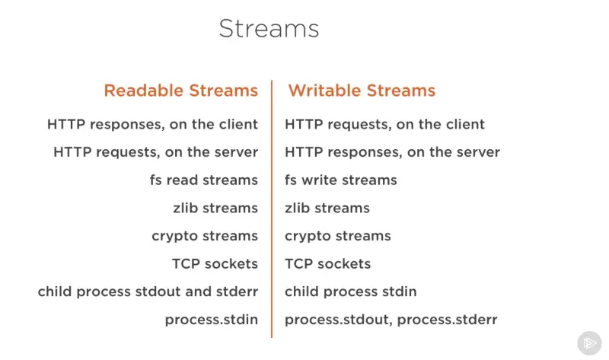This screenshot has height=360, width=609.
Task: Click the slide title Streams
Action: point(269,29)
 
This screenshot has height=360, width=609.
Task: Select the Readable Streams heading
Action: point(181,91)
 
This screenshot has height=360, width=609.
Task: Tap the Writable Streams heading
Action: point(362,91)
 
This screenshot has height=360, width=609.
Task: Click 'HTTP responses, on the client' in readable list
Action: point(152,124)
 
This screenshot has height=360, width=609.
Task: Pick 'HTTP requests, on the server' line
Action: point(155,152)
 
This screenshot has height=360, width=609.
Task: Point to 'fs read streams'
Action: point(204,180)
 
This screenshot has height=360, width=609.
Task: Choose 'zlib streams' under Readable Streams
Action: point(215,208)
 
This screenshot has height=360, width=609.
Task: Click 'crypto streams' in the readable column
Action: point(205,236)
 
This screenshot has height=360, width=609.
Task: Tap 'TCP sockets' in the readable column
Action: point(215,264)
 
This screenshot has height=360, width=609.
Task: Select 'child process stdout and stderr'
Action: point(148,292)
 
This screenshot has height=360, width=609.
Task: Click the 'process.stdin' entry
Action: point(212,320)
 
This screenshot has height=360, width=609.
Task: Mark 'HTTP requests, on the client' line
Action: point(384,124)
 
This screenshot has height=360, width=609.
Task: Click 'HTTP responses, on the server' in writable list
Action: point(392,152)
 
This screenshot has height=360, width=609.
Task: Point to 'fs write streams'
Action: point(341,180)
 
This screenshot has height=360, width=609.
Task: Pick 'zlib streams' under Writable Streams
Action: point(327,208)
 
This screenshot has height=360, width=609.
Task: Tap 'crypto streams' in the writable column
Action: point(338,236)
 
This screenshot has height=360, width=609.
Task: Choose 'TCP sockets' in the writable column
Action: point(328,264)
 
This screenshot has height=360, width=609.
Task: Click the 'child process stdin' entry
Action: point(351,292)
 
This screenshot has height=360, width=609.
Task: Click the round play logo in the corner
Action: point(588,342)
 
